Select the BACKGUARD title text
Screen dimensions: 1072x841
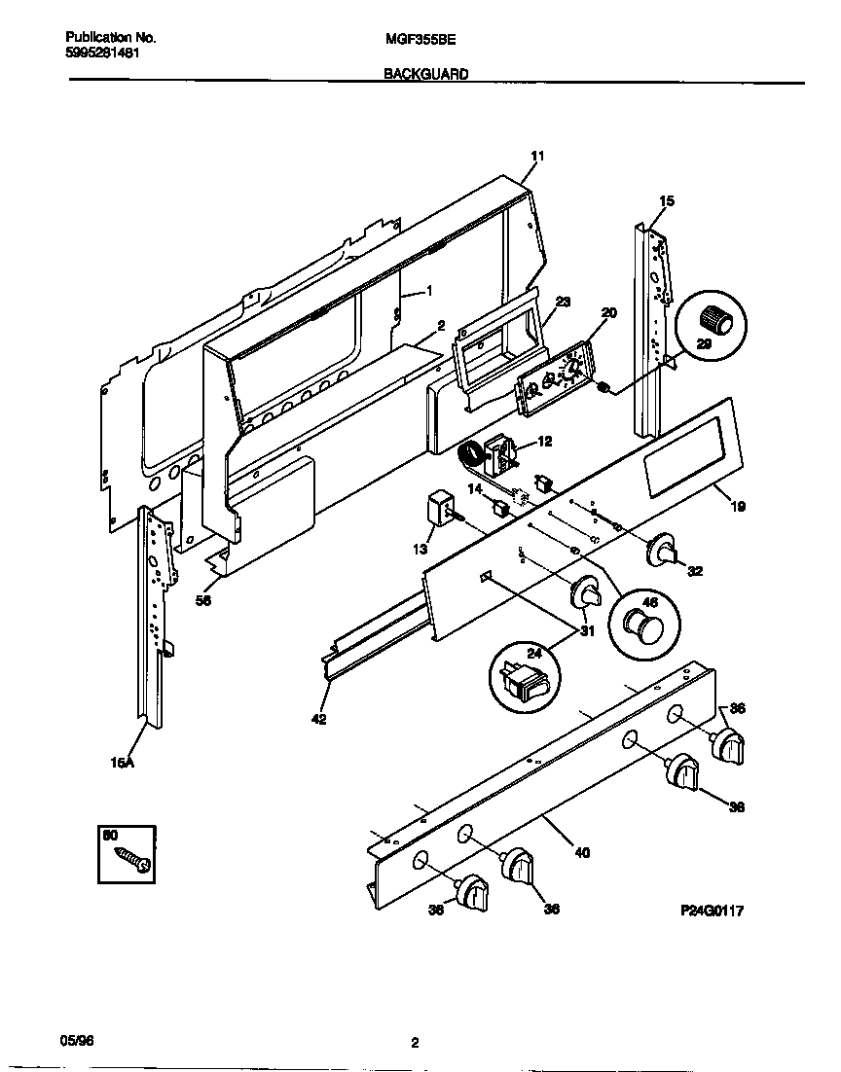coord(427,73)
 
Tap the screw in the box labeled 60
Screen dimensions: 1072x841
coord(131,859)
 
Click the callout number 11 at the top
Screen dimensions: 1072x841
coord(537,157)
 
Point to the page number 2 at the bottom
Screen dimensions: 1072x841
coord(415,1043)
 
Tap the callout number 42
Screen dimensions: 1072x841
coord(318,720)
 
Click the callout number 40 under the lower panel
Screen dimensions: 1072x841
coord(582,854)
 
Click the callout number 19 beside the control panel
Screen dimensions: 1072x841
coord(739,507)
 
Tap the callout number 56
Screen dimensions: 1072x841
coord(203,600)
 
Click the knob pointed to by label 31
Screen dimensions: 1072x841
coord(586,593)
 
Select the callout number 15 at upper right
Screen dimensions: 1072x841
coord(666,201)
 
